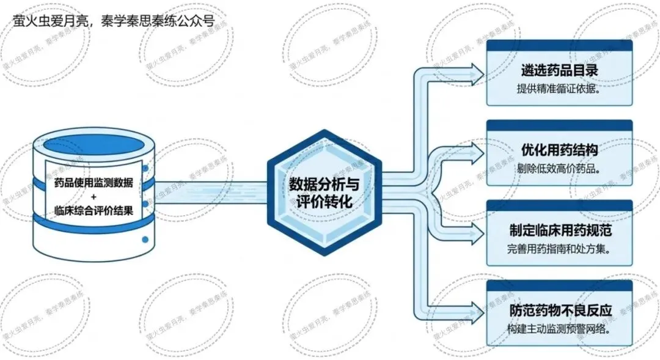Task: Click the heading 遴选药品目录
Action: (x=559, y=70)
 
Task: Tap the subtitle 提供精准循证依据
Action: (x=558, y=89)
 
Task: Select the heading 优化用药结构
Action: (x=559, y=150)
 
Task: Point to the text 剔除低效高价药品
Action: (x=558, y=169)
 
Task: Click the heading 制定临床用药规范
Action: (x=560, y=230)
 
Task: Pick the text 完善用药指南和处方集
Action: (x=559, y=249)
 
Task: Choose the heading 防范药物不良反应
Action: (x=560, y=310)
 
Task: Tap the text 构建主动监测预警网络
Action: (x=559, y=329)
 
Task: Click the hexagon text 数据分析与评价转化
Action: (x=324, y=193)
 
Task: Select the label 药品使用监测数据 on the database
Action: (x=94, y=183)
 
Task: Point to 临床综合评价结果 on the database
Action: (x=94, y=210)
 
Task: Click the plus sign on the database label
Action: (x=94, y=197)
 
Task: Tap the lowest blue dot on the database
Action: (x=145, y=240)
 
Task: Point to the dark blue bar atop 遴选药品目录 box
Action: (x=559, y=45)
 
